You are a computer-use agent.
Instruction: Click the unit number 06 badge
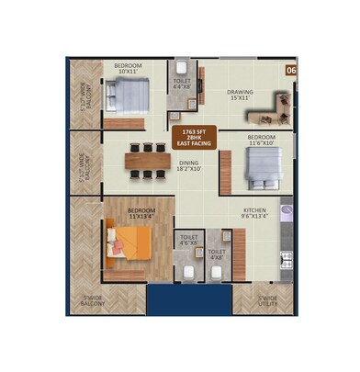click(290, 70)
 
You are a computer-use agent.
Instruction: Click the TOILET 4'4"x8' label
click(182, 84)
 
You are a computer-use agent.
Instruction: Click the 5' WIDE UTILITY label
click(268, 299)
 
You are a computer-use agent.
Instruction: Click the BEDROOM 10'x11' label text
click(127, 68)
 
